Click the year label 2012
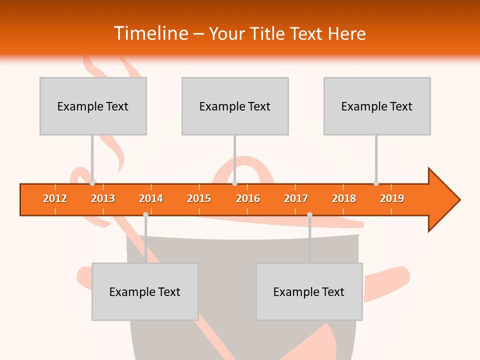[x=55, y=198]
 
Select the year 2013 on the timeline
[x=103, y=198]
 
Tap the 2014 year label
[x=151, y=198]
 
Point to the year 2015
[x=199, y=198]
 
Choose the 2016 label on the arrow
[x=248, y=198]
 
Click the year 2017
[x=296, y=198]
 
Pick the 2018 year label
[x=344, y=198]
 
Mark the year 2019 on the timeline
[x=392, y=198]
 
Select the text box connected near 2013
[x=93, y=106]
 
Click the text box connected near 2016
[x=235, y=106]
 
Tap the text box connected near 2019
[x=377, y=106]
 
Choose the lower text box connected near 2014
[x=145, y=291]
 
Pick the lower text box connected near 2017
[x=309, y=291]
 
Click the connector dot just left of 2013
[x=92, y=183]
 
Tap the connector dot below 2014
[x=145, y=214]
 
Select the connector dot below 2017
[x=309, y=214]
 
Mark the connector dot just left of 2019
[x=376, y=183]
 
